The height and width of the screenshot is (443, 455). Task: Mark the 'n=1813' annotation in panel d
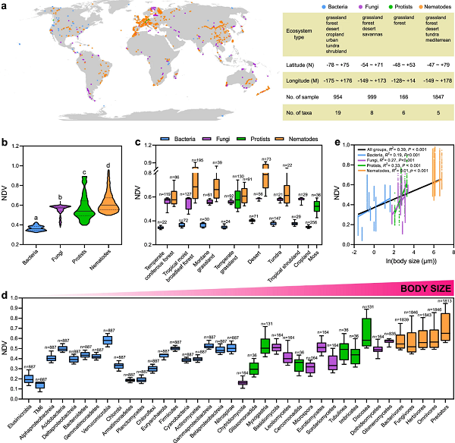(x=444, y=301)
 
